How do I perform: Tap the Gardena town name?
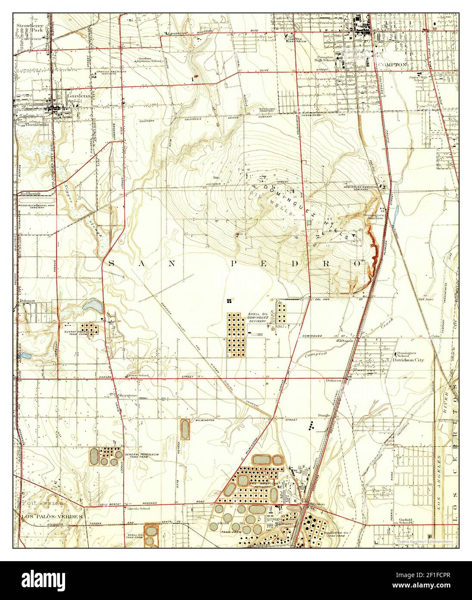click(x=75, y=96)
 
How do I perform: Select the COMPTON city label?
click(x=392, y=64)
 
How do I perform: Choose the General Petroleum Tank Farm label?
click(x=140, y=456)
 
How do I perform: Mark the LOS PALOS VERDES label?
click(x=52, y=516)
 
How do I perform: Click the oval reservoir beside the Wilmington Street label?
click(x=185, y=429)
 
